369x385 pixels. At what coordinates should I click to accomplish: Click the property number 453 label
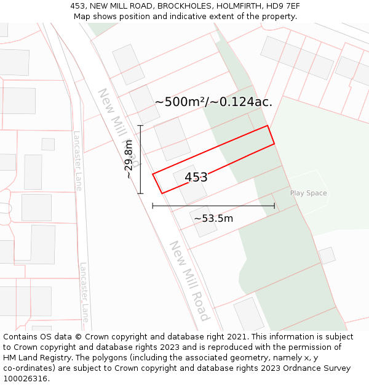coord(196,177)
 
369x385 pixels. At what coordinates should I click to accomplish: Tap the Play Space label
coord(308,193)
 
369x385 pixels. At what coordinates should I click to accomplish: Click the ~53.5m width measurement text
coord(213,219)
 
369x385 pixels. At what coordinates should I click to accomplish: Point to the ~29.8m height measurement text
coord(129,160)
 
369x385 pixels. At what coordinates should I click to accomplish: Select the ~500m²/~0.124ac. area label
coord(213,102)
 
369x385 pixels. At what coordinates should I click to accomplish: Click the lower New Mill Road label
coord(189,280)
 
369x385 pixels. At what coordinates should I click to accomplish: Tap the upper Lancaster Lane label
coord(77,161)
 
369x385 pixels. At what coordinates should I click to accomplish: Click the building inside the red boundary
coord(190,184)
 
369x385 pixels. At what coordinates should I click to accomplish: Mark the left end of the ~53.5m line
coord(153,206)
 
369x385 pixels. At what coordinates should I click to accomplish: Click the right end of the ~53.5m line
coord(274,206)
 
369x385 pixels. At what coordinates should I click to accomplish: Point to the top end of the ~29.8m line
coord(140,126)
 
